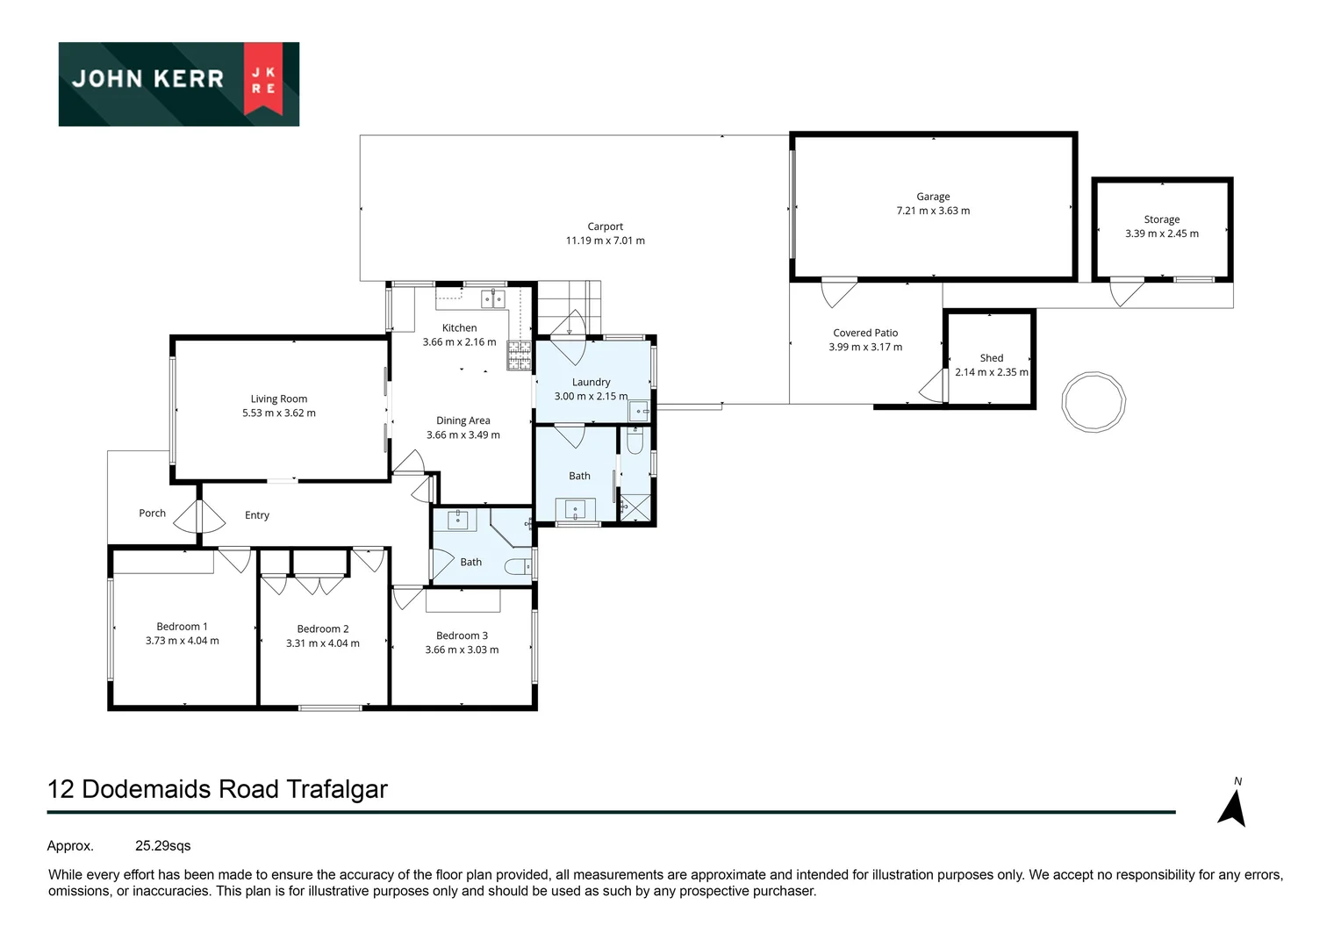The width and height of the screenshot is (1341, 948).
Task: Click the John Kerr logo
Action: click(178, 83)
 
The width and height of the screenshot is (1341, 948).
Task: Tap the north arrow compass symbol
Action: click(1232, 808)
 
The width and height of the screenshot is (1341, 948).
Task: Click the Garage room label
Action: click(933, 197)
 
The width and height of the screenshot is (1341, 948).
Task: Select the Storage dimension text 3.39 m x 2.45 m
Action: click(1161, 233)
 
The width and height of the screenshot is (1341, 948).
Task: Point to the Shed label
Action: click(991, 358)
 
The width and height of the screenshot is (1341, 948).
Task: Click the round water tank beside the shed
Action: click(1093, 402)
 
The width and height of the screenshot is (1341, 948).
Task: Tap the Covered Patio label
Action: click(864, 333)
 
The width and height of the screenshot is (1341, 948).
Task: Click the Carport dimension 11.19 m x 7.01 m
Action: click(605, 241)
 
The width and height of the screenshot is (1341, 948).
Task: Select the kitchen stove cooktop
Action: click(519, 354)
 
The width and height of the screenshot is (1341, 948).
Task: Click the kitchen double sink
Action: click(493, 299)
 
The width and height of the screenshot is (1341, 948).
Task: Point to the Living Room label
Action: click(278, 399)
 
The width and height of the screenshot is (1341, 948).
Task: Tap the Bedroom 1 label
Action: click(182, 627)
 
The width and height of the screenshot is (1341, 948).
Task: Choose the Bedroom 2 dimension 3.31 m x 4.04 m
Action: click(322, 643)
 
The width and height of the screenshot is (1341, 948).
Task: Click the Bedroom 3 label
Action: click(462, 636)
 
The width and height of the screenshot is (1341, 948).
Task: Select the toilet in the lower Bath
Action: click(518, 567)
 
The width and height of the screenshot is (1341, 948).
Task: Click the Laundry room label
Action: click(591, 382)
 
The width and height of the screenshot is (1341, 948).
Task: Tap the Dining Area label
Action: click(463, 420)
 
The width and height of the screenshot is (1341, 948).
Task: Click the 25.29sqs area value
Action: click(162, 846)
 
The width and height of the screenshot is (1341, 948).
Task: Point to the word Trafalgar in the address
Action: click(336, 789)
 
